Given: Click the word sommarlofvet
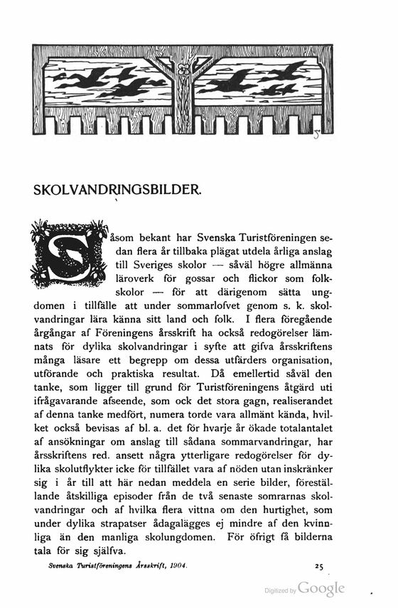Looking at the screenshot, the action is [236, 307].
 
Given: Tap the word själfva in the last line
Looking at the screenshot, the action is [107, 552].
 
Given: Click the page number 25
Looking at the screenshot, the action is [318, 566].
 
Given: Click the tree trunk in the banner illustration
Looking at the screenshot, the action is [184, 99].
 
